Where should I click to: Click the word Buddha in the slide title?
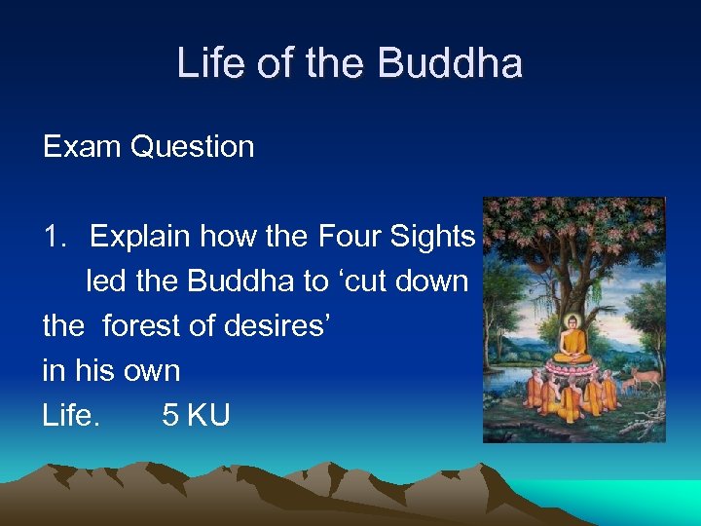(450, 64)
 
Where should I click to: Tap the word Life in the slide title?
(208, 64)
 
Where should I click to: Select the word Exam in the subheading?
(83, 147)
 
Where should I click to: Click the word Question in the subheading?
(192, 147)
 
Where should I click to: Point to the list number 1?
(54, 237)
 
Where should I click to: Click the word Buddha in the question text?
(241, 282)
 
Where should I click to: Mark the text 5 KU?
(196, 416)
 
